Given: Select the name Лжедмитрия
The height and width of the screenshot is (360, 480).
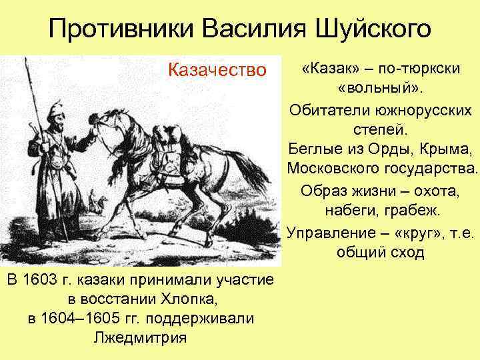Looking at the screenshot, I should point(140,337).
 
